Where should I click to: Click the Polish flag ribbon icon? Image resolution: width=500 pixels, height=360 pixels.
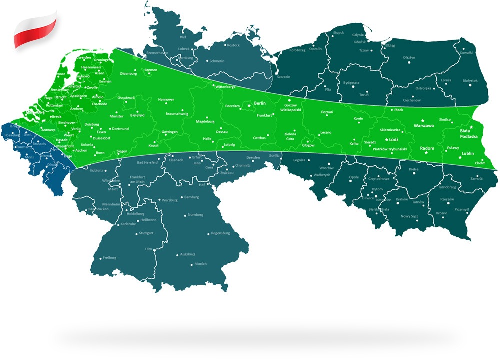click(x=35, y=31)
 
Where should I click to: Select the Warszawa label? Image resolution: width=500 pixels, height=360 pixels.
click(x=423, y=127)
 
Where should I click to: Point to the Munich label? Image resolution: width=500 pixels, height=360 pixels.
click(x=200, y=264)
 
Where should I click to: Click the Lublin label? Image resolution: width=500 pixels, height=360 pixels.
click(x=468, y=154)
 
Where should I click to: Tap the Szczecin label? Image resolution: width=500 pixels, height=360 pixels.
click(x=284, y=77)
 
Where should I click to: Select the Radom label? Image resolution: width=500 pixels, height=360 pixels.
click(x=427, y=148)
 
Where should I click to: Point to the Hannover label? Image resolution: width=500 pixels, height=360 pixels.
click(x=166, y=100)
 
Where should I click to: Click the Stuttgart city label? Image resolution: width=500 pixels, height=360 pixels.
click(x=146, y=233)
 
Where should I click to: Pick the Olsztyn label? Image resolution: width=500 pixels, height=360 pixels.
click(x=409, y=57)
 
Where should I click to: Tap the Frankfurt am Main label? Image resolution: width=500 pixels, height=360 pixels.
click(x=140, y=180)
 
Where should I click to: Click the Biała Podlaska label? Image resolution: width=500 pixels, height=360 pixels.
click(x=469, y=133)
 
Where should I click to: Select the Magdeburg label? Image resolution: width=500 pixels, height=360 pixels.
click(x=205, y=121)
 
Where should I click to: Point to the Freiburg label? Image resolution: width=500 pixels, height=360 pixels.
click(x=109, y=258)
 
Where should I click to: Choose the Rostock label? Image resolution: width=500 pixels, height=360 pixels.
click(x=233, y=45)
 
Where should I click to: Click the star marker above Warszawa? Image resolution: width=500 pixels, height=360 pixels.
click(x=423, y=120)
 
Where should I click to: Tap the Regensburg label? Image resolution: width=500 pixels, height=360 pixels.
click(x=220, y=233)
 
